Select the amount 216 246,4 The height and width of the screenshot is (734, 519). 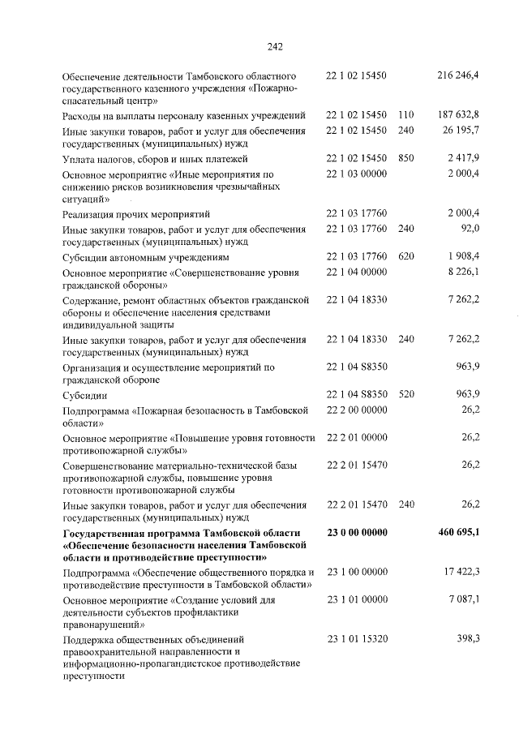point(459,75)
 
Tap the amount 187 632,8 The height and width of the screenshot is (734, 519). point(459,115)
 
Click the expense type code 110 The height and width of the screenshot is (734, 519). point(406,115)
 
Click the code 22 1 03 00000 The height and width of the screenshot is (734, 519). point(357,174)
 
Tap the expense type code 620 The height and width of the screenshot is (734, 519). point(406,256)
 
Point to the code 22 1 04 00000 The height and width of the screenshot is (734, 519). point(357,273)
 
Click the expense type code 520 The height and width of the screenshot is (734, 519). point(406,394)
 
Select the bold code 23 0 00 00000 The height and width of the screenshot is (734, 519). point(357,532)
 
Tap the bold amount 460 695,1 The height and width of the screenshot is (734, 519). point(457,532)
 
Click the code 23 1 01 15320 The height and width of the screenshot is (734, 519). point(357,639)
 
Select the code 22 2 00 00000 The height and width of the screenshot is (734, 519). point(357,410)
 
